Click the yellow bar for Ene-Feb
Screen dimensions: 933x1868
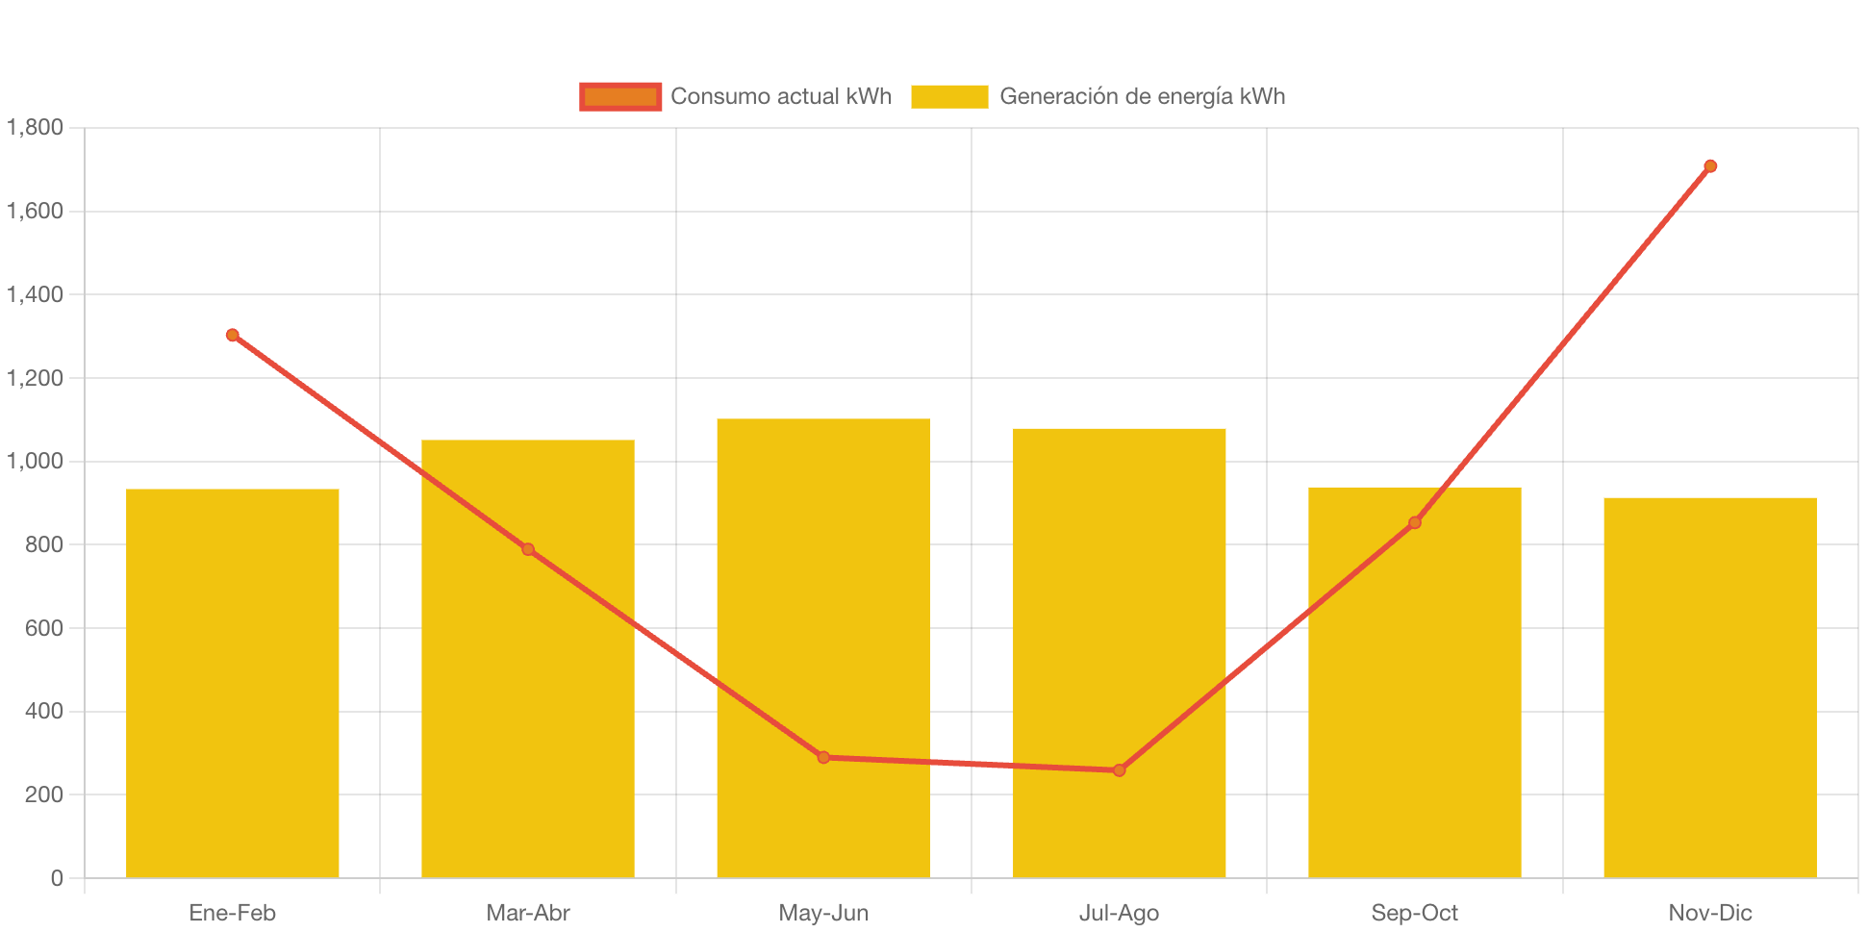233,683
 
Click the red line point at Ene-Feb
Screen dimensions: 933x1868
233,335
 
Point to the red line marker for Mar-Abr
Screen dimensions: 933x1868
528,549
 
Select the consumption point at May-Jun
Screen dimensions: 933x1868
823,757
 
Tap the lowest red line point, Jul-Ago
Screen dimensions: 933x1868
1119,770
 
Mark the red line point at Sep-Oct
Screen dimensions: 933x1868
1414,522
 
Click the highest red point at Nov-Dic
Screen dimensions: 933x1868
1710,166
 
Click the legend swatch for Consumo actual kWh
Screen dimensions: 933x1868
620,96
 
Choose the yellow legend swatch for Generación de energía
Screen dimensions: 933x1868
949,96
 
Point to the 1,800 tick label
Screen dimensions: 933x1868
36,127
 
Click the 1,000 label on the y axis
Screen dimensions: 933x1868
36,461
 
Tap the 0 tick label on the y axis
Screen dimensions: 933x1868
57,877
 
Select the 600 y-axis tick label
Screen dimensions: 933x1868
44,628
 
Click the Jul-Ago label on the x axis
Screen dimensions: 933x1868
1119,913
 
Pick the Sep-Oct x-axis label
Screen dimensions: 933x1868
1414,913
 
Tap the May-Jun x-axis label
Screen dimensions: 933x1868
823,913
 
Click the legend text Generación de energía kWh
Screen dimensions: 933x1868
1142,96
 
